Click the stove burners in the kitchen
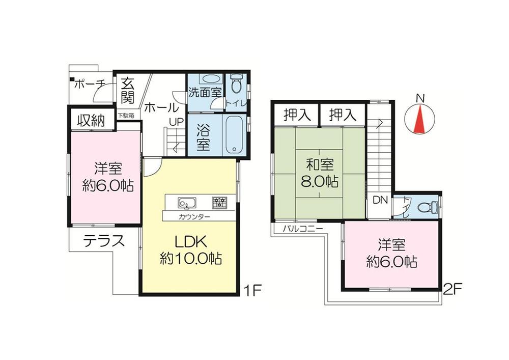click(x=219, y=203)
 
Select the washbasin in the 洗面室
click(x=209, y=79)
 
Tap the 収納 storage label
click(x=91, y=121)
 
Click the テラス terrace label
click(x=104, y=240)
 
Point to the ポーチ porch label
click(x=90, y=86)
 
